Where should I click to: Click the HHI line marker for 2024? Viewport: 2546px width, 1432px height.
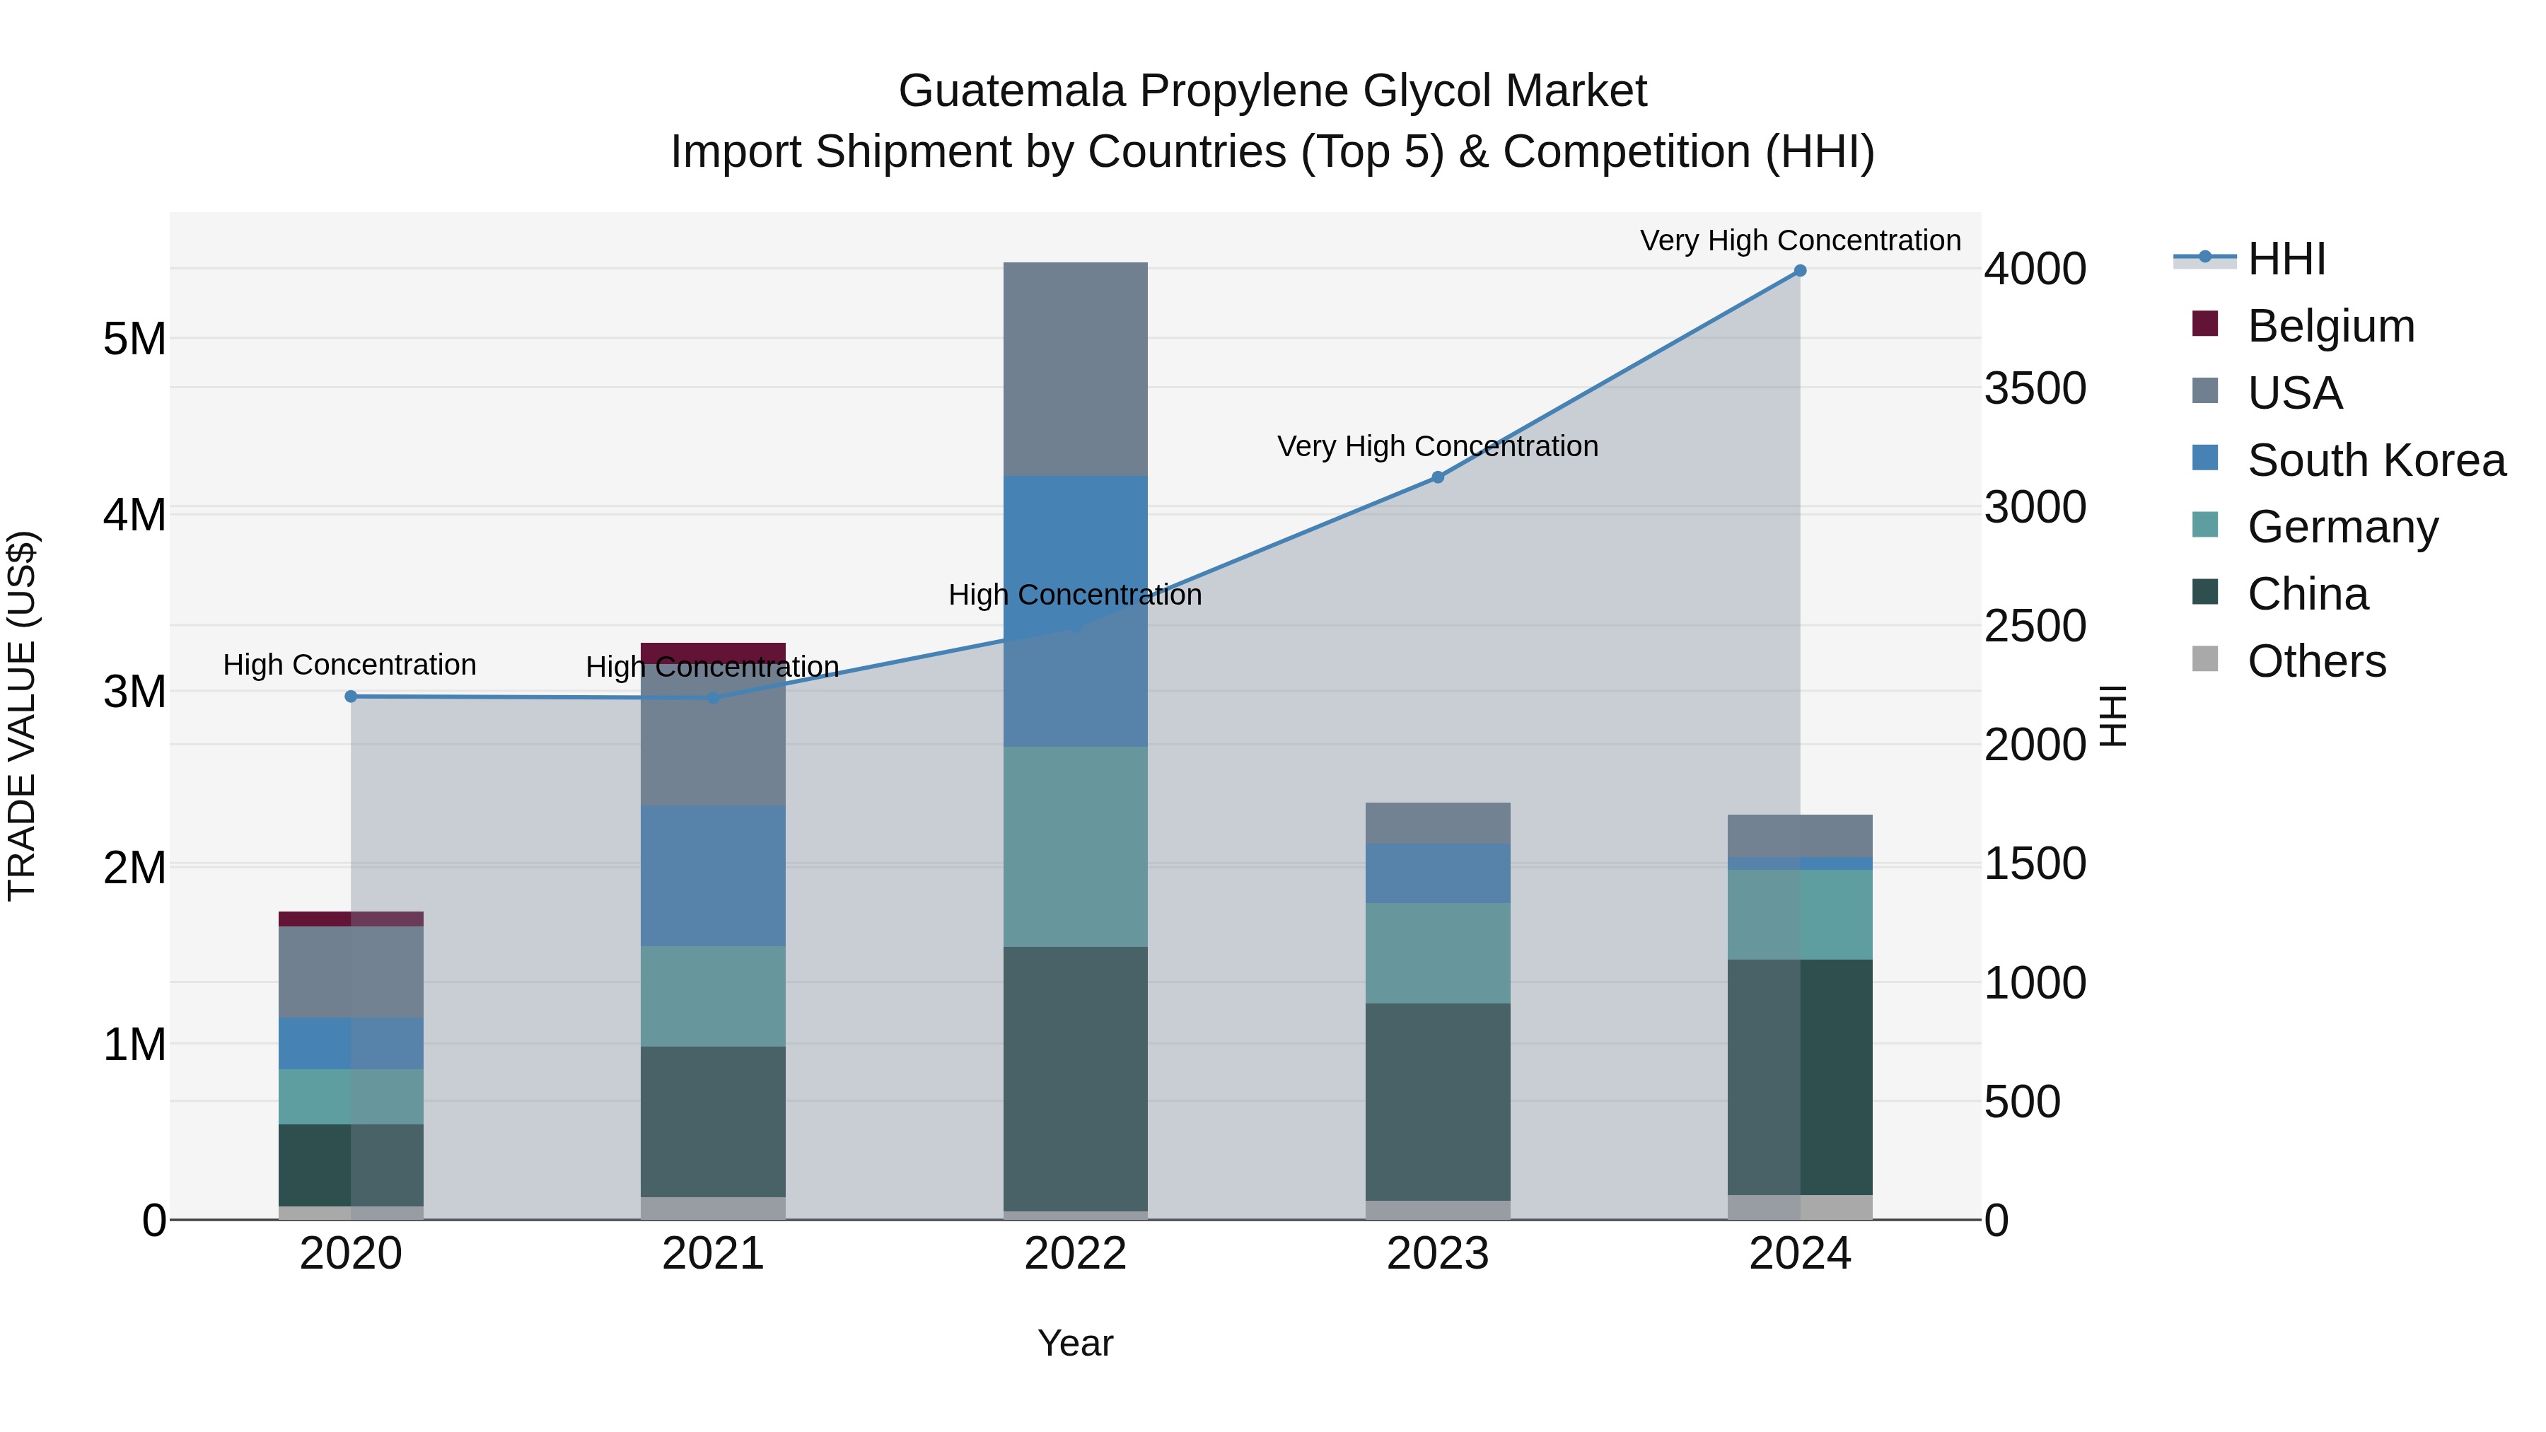1800,271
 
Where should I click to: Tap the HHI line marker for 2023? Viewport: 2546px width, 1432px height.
1438,477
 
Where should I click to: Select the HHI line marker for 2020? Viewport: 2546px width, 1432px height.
351,697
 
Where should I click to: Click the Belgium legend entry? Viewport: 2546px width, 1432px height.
2330,326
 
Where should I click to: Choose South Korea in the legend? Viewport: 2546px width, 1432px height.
2376,460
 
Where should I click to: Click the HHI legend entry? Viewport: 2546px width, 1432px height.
2286,259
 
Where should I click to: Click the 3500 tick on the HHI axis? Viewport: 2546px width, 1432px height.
2035,388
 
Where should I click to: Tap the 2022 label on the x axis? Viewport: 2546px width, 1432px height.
1075,1254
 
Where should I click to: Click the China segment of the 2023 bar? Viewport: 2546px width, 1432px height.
1438,1102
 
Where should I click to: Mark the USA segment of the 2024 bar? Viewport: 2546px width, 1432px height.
1800,835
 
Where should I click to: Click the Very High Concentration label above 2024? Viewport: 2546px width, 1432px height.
1800,241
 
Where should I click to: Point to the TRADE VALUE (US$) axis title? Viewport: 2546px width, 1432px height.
23,716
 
